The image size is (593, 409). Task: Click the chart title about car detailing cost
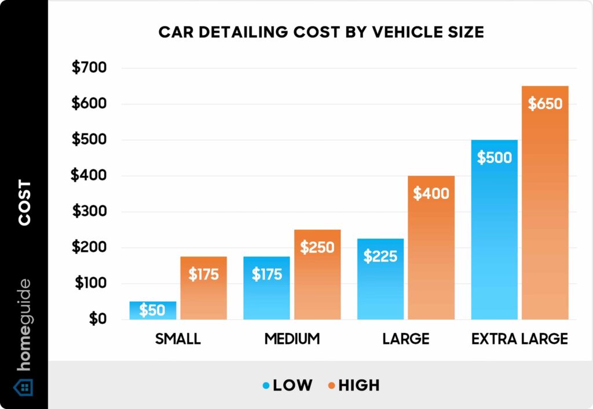point(321,32)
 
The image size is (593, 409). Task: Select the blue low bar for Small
point(153,311)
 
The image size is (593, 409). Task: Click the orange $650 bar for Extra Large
point(545,203)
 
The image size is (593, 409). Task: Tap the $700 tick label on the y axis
point(89,68)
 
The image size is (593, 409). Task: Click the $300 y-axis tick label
point(89,212)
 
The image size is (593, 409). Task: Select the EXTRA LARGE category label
point(519,339)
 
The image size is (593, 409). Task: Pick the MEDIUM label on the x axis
point(292,339)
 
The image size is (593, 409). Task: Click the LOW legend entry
point(287,385)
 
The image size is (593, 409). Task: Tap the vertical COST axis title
point(24,203)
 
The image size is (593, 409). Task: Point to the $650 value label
point(545,104)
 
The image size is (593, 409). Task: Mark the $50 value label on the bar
point(152,310)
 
